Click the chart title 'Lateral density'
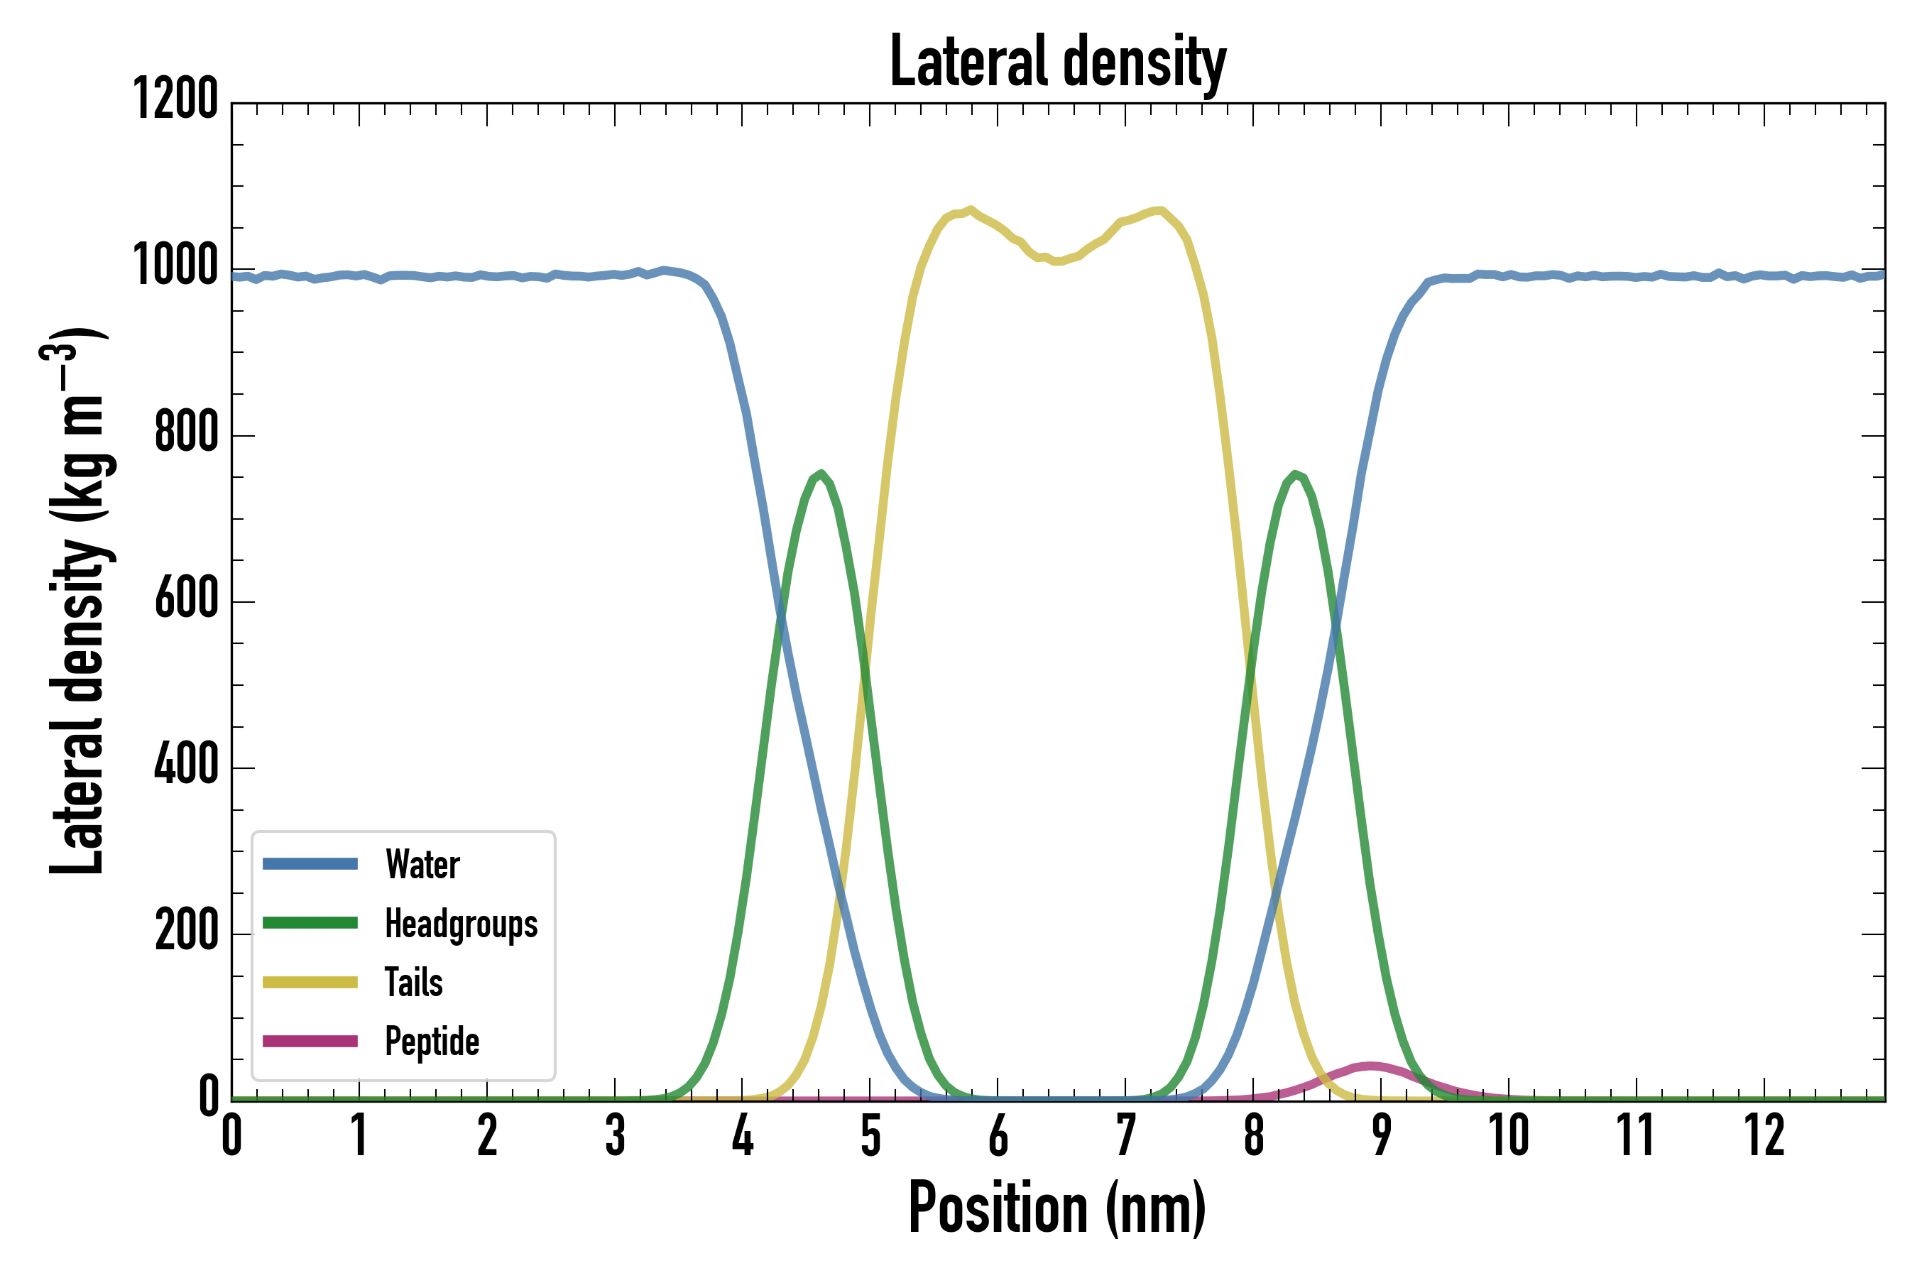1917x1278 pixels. coord(1057,61)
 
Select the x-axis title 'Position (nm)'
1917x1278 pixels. coord(1057,1208)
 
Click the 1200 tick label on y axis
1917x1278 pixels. coord(175,99)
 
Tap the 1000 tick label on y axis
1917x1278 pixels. coord(175,266)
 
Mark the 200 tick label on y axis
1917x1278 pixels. coord(187,931)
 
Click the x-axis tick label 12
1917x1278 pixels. coord(1764,1135)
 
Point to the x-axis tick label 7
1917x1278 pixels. coord(1125,1135)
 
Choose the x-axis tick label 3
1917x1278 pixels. coord(615,1135)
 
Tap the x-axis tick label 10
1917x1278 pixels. coord(1509,1135)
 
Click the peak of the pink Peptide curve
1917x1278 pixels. coord(1372,1066)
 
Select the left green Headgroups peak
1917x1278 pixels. coord(821,474)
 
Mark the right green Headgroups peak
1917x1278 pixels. coord(1295,474)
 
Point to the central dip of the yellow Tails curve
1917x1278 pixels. coord(1057,261)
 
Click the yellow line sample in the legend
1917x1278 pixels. coord(310,982)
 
